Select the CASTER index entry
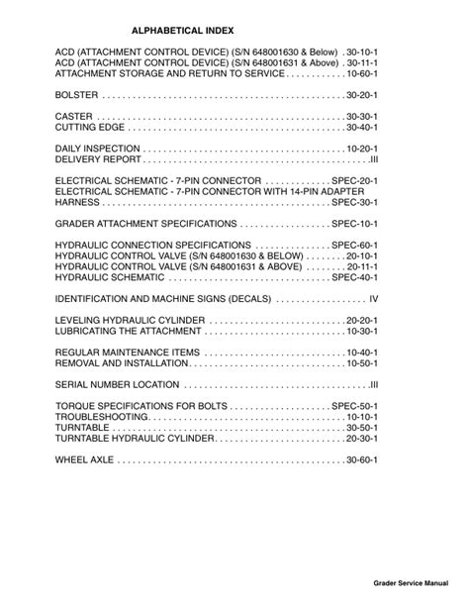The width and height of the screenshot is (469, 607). point(74,116)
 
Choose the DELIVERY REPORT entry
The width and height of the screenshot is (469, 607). point(99,160)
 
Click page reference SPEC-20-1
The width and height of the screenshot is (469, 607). point(355,181)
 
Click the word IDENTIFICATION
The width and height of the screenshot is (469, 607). point(94,299)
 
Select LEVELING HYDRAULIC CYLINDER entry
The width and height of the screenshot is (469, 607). point(131,321)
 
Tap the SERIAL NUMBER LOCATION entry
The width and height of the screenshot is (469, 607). point(117,385)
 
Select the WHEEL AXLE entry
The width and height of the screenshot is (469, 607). point(85,460)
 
